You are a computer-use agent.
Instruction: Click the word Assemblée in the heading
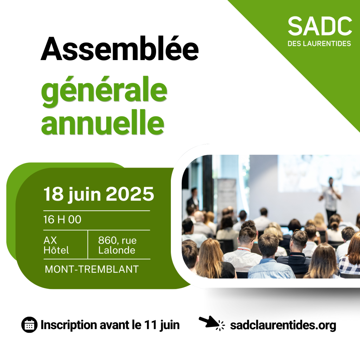(x=120, y=49)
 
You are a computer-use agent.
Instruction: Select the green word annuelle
(x=103, y=122)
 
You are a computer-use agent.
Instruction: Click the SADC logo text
(x=320, y=26)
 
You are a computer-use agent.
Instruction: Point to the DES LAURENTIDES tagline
(x=319, y=44)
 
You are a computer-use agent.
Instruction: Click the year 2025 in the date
(x=130, y=194)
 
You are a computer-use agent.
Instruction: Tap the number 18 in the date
(x=53, y=194)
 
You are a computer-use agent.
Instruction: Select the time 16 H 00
(x=62, y=219)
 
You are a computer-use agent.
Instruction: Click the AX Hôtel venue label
(x=56, y=245)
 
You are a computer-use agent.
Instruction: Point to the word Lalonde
(x=117, y=250)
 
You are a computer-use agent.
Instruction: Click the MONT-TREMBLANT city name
(x=92, y=269)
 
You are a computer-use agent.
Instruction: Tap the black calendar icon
(x=29, y=324)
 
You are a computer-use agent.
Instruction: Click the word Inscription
(x=69, y=325)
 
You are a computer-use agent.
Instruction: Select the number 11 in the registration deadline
(x=150, y=324)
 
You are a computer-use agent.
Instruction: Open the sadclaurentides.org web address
(x=283, y=326)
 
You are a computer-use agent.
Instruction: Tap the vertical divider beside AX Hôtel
(x=88, y=245)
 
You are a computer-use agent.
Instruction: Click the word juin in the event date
(x=85, y=194)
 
